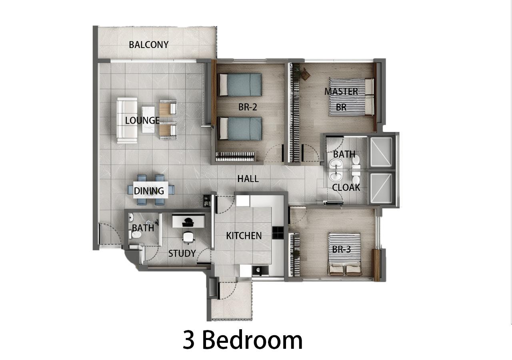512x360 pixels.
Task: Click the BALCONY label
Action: (x=148, y=44)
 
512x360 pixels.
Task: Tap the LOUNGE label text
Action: (x=142, y=120)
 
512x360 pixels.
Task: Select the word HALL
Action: (x=248, y=179)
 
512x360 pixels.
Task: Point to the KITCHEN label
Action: (x=244, y=236)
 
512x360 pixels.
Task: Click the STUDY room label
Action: (x=182, y=253)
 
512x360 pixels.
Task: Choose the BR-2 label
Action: (x=248, y=107)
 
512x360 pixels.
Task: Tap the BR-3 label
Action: (x=341, y=249)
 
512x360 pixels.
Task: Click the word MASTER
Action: (x=341, y=91)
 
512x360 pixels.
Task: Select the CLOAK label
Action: (x=346, y=187)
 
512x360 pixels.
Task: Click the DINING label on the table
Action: (x=149, y=191)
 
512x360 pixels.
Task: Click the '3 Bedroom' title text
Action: (x=243, y=340)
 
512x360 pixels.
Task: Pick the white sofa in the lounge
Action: (x=127, y=120)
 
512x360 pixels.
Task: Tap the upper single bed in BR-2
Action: (x=239, y=84)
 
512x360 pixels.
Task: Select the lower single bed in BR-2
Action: (x=239, y=128)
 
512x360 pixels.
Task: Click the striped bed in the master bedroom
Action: (x=351, y=97)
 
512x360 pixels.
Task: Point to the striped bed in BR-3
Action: (x=344, y=254)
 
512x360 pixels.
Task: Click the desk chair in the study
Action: (x=188, y=237)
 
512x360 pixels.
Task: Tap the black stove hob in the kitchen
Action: (x=278, y=233)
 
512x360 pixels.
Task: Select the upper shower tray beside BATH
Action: (x=381, y=152)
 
